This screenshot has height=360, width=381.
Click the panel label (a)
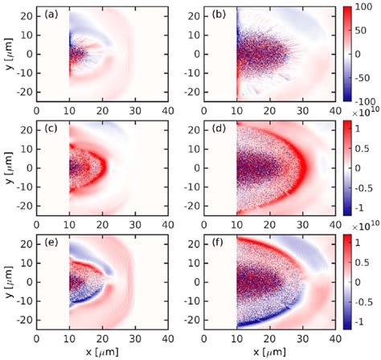[50, 14]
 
